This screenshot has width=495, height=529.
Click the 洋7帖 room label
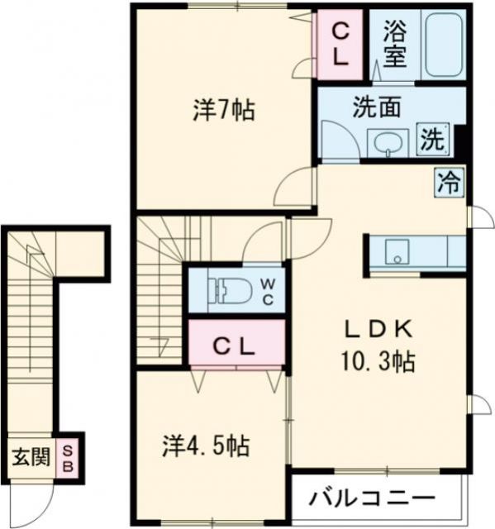(223, 110)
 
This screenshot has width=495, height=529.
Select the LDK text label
(378, 329)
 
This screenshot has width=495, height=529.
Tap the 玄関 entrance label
(31, 456)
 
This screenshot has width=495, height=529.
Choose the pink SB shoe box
(69, 456)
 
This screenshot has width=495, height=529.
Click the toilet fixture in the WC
(227, 289)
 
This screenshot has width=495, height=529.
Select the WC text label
(269, 289)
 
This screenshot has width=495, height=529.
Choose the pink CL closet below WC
(236, 346)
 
